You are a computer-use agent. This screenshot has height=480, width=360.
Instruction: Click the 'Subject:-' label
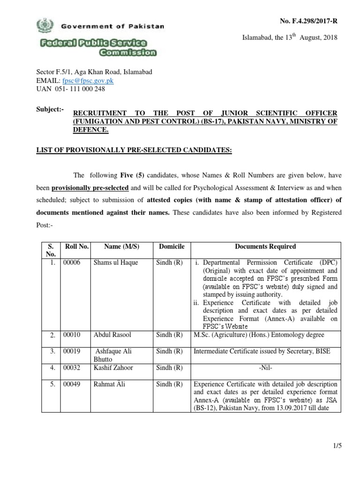click(x=50, y=109)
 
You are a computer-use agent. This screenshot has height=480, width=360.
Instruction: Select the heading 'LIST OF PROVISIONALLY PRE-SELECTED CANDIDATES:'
click(x=134, y=150)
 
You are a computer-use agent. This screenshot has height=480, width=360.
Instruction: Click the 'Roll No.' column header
click(x=75, y=247)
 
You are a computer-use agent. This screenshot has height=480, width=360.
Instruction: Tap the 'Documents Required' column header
click(x=265, y=247)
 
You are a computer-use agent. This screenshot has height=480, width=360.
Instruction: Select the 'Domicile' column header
click(x=172, y=247)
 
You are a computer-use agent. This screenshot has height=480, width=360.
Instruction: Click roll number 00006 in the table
click(x=72, y=262)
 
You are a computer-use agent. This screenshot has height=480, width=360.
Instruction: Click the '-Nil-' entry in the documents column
click(x=265, y=367)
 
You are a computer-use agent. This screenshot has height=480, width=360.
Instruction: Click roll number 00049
click(x=72, y=384)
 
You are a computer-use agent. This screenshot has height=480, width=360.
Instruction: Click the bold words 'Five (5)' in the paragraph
click(x=135, y=175)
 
